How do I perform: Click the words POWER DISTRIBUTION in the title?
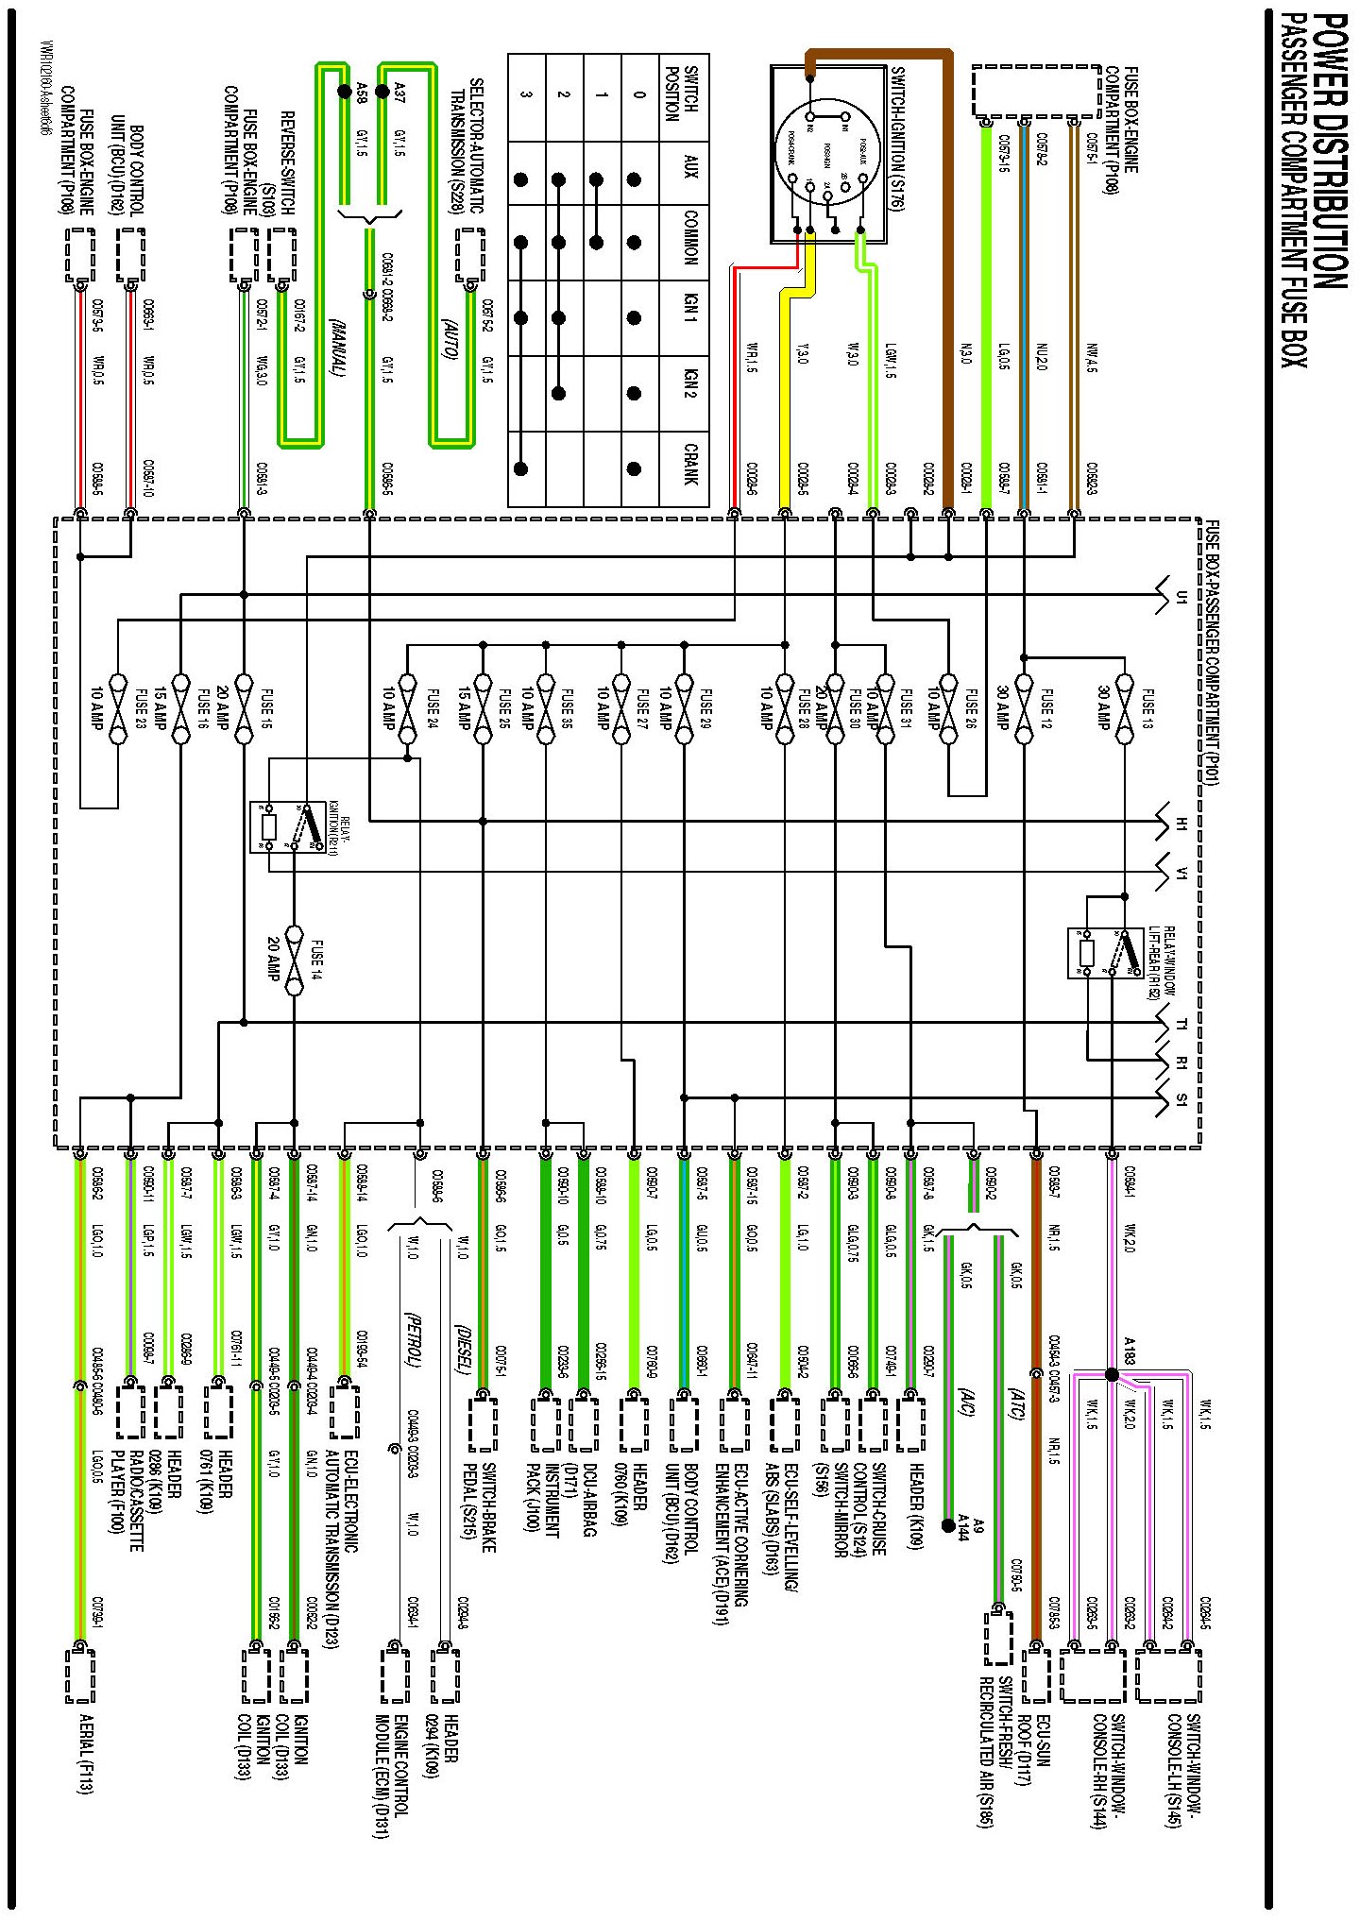pos(1328,151)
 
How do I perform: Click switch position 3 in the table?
pos(526,94)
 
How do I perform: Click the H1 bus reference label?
pos(1181,825)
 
